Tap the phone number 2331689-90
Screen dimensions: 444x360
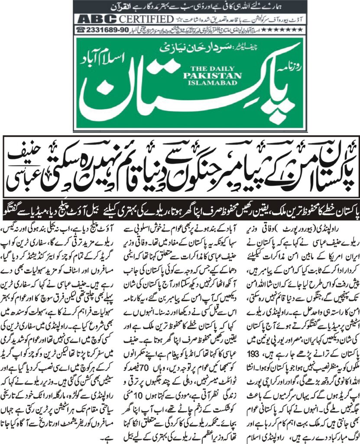(x=103, y=30)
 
